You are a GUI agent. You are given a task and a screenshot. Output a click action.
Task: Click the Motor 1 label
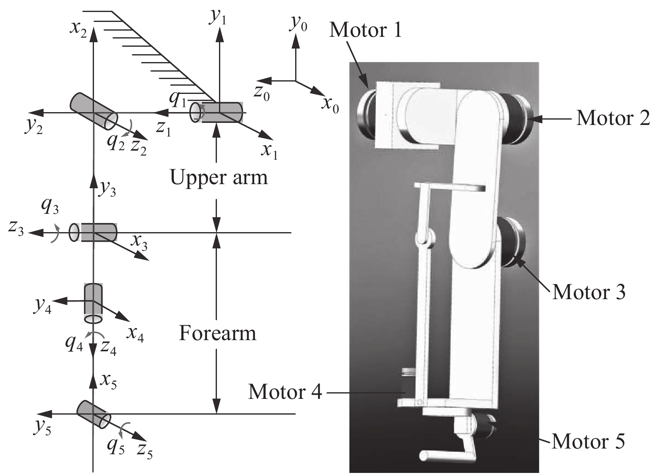tap(365, 30)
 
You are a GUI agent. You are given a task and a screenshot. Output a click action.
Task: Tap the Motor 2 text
tap(613, 118)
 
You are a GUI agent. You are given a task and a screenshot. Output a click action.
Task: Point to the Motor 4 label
tap(285, 391)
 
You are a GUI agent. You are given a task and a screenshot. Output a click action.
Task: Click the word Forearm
tap(218, 333)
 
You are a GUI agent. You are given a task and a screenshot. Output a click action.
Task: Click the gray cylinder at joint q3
tap(95, 232)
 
